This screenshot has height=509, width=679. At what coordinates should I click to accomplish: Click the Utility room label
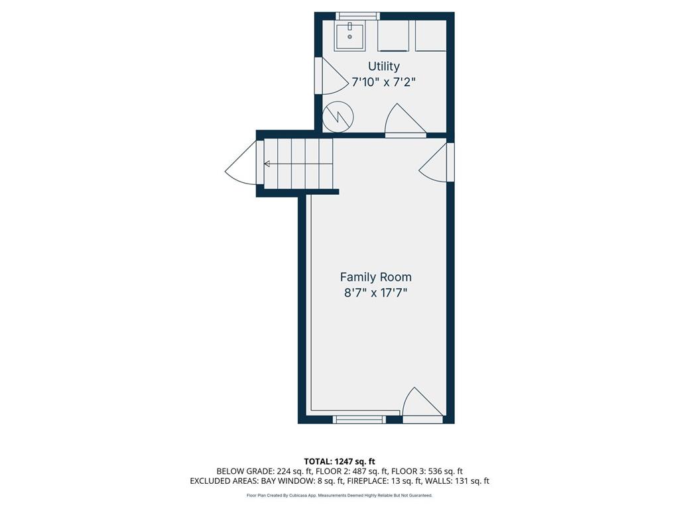pos(384,66)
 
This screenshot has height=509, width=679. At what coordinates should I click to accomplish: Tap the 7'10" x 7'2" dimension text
pos(384,82)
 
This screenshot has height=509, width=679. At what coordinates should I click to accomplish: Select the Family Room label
pos(375,277)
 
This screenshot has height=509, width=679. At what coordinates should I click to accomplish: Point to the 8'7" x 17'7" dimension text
pos(375,293)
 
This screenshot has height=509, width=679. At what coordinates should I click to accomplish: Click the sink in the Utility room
pos(349,36)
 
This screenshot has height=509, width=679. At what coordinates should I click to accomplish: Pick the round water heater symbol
pos(338,117)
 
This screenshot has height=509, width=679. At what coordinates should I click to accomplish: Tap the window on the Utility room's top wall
pos(357,16)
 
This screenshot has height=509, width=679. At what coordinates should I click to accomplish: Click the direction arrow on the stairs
pos(267,164)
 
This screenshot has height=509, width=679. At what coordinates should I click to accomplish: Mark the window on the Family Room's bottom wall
pos(359,419)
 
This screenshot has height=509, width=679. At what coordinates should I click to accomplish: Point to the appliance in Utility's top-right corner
pos(430,36)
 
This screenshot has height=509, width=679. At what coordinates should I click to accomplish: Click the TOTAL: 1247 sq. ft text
pos(339,461)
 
